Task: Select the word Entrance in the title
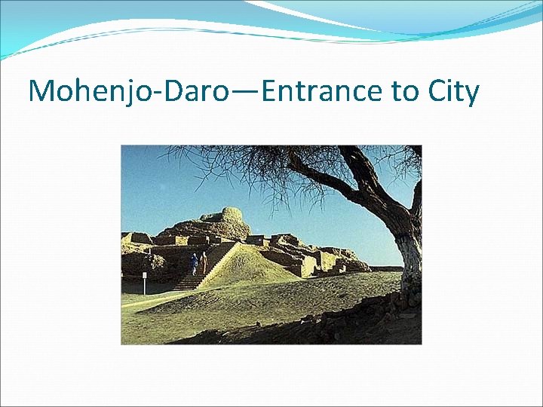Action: pyautogui.click(x=322, y=91)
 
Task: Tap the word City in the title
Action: pyautogui.click(x=453, y=91)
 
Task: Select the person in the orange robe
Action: pyautogui.click(x=204, y=262)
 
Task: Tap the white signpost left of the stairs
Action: pyautogui.click(x=144, y=283)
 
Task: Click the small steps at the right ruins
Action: pyautogui.click(x=340, y=268)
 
